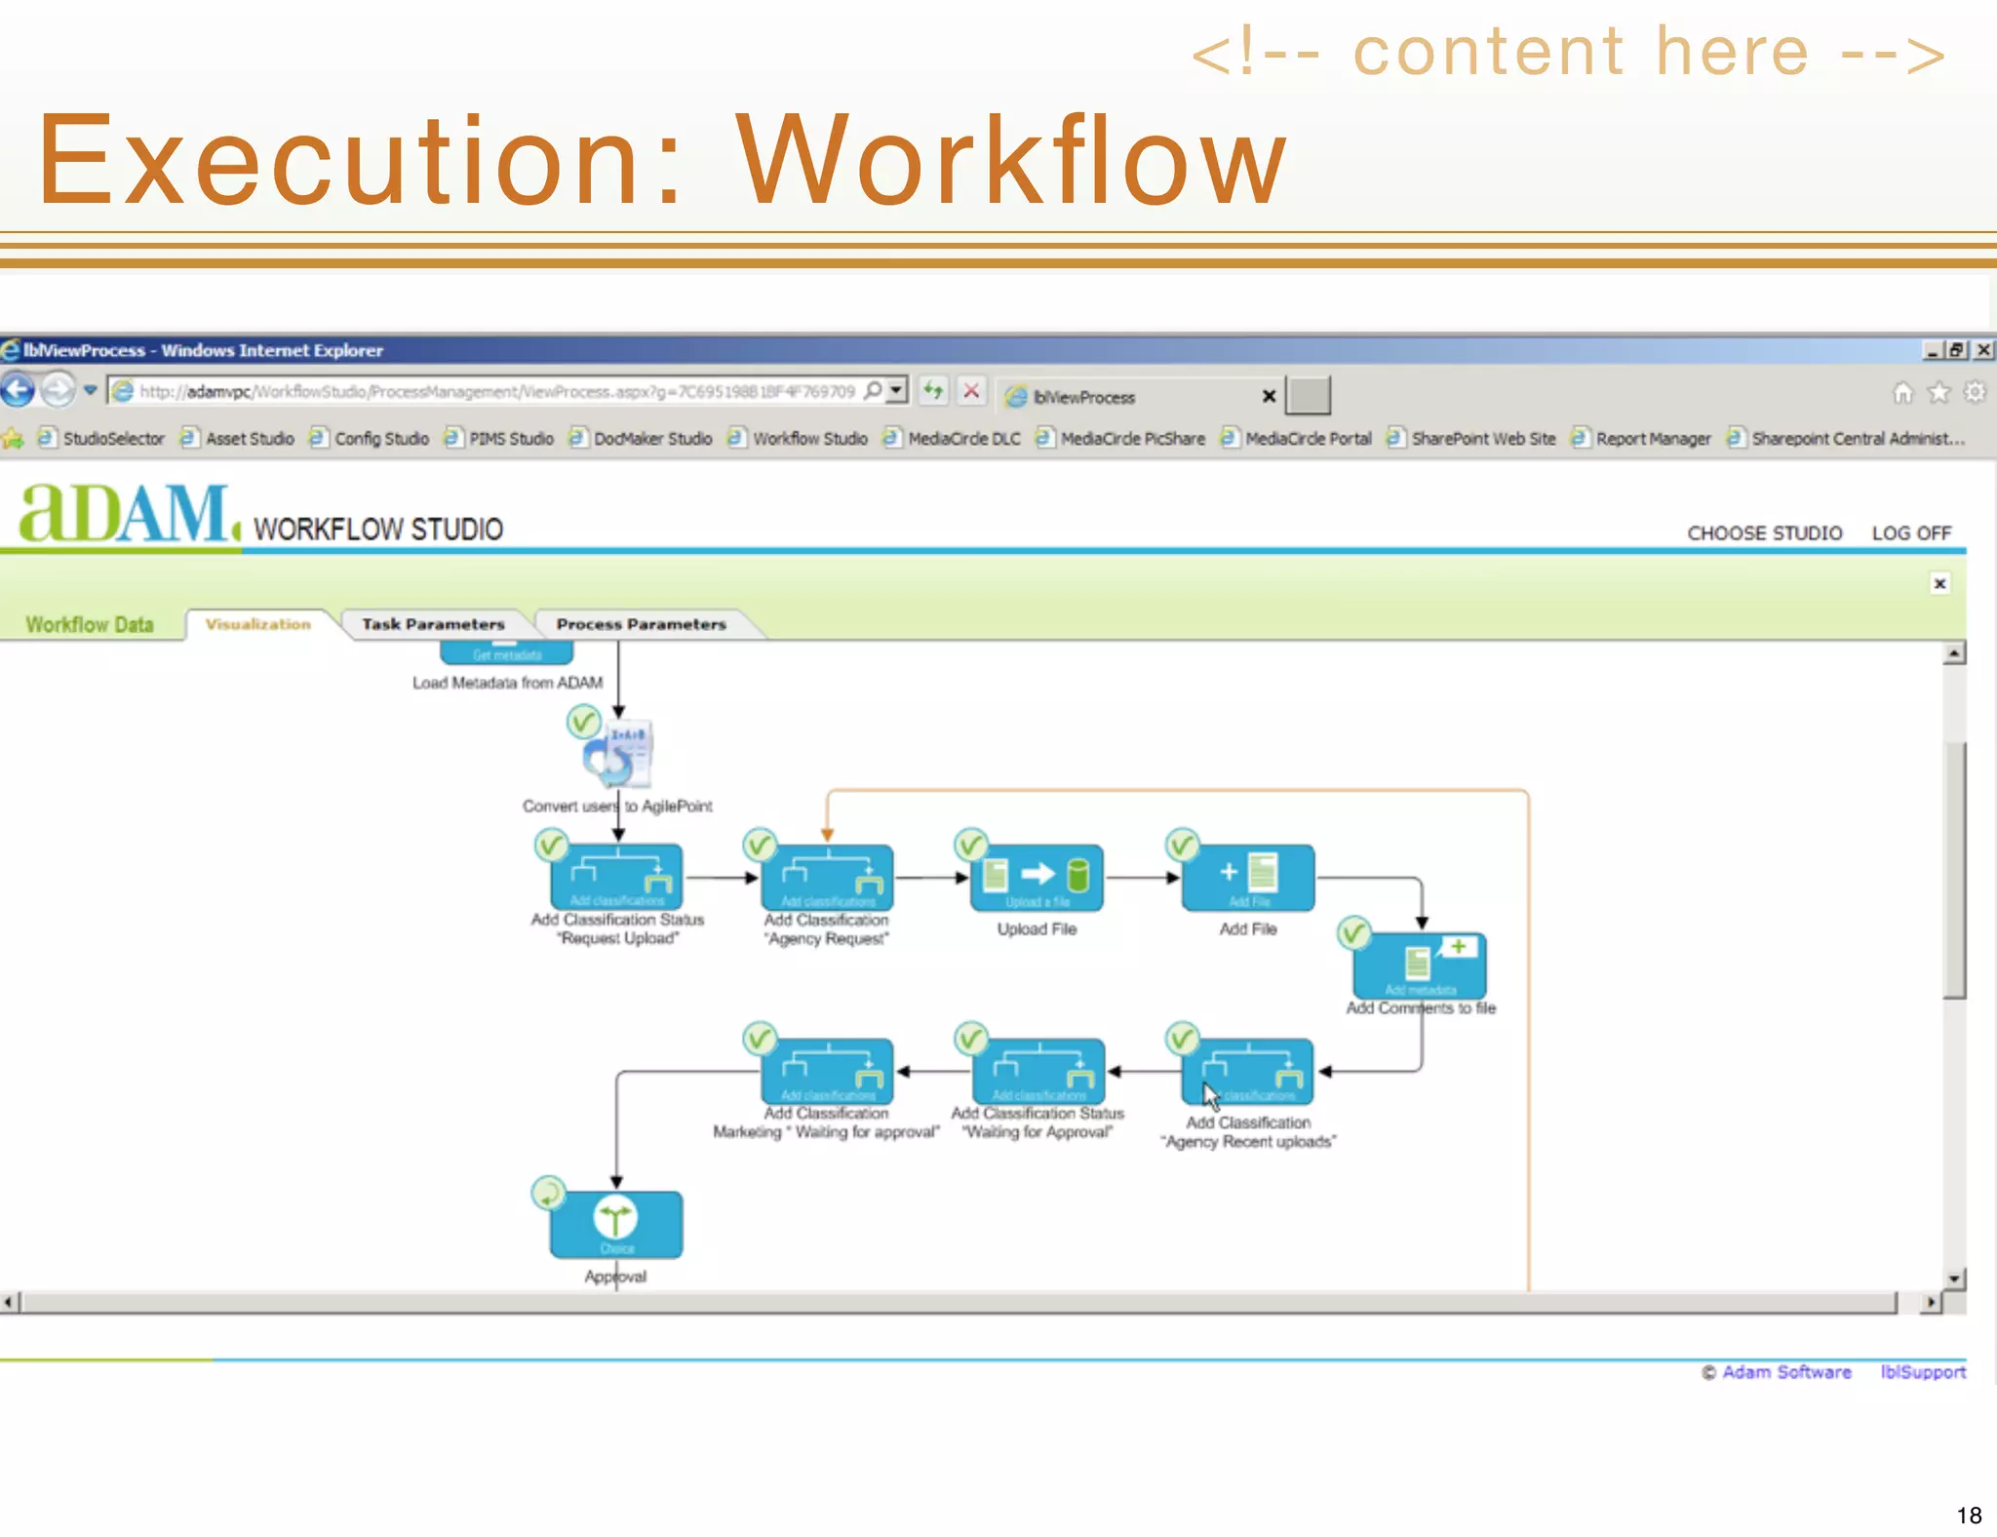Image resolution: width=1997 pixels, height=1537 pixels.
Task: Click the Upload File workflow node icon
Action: (1037, 877)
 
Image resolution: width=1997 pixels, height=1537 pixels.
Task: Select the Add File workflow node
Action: (1247, 877)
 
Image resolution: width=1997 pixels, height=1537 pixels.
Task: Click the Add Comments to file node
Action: (1420, 965)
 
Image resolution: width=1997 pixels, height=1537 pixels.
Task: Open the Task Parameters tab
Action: (433, 624)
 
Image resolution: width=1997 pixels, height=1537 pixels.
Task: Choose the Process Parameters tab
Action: (641, 624)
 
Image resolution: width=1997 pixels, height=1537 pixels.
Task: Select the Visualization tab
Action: (257, 624)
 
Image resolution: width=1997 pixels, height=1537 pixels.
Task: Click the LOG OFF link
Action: (1910, 533)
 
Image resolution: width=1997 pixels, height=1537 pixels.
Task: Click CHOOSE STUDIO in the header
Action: (1764, 533)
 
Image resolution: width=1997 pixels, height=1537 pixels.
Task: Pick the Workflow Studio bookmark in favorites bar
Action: (809, 439)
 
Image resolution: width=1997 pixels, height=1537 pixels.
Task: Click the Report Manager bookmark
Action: (1653, 439)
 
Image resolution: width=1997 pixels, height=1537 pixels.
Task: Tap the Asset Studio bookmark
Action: (250, 439)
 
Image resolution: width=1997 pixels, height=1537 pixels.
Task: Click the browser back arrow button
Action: (18, 391)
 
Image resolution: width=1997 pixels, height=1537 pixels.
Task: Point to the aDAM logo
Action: (127, 514)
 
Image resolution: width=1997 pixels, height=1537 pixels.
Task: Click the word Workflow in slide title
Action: (1011, 160)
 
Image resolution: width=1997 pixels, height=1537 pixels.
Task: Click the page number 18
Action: (1969, 1515)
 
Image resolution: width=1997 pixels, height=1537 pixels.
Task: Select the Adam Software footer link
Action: (1785, 1372)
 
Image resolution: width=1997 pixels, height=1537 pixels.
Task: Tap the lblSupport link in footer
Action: (1923, 1372)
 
